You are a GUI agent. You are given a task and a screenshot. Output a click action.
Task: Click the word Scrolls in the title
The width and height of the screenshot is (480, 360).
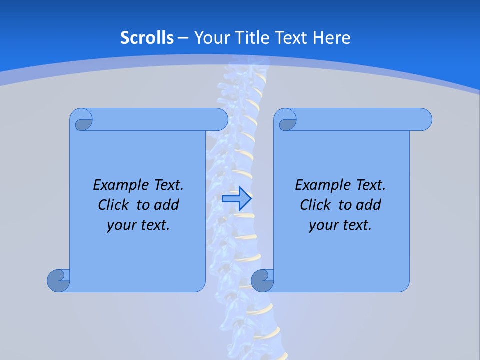(147, 38)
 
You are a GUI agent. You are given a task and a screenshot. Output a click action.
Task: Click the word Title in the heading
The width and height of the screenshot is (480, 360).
(266, 38)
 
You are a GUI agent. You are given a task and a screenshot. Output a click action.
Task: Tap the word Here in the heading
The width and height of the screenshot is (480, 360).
(331, 38)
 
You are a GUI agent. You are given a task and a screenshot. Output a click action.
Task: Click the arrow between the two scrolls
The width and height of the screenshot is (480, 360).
(236, 199)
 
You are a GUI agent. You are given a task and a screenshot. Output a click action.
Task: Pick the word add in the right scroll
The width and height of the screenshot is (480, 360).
(369, 205)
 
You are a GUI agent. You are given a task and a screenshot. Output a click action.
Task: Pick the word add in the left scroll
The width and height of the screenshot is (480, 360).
(167, 205)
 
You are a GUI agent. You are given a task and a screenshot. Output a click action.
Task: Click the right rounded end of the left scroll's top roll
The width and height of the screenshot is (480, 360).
(220, 120)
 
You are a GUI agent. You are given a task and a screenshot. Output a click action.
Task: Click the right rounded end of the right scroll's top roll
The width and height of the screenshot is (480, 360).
(424, 120)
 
